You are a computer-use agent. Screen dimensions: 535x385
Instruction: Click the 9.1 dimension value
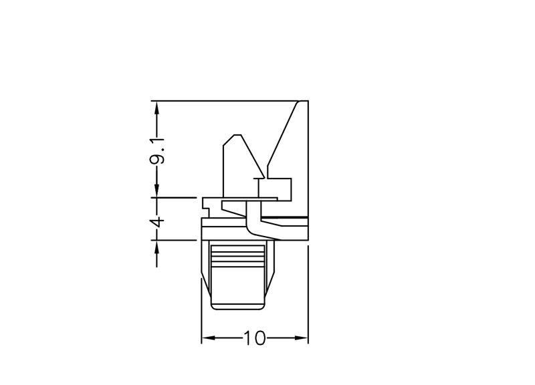pos(158,151)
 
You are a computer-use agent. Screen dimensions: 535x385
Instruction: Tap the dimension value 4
pos(157,222)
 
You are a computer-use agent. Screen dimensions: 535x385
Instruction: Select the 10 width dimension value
pos(254,338)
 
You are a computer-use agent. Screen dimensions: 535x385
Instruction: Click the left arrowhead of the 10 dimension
pos(208,338)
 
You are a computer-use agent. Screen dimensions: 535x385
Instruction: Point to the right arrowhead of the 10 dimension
pos(302,338)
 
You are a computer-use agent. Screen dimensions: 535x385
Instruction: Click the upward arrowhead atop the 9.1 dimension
pos(157,108)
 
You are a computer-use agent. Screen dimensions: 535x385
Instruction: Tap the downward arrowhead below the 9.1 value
pos(157,190)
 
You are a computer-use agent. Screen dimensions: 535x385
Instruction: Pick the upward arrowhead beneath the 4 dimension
pos(157,247)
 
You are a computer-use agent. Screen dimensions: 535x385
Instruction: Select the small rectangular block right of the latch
pos(275,189)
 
